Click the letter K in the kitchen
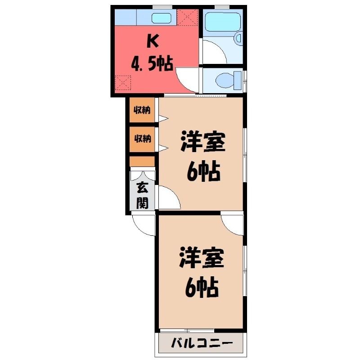click(x=153, y=41)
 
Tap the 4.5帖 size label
click(x=152, y=63)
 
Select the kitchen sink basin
click(x=162, y=18)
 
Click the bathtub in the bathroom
click(x=223, y=22)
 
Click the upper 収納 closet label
click(x=142, y=110)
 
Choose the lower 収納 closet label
click(x=142, y=139)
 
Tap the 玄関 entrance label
click(x=142, y=196)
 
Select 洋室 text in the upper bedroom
click(x=203, y=142)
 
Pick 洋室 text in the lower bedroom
click(x=202, y=257)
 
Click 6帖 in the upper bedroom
click(x=203, y=172)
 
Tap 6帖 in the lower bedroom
click(x=202, y=288)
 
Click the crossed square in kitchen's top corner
click(x=188, y=18)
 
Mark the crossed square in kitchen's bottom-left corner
click(x=123, y=83)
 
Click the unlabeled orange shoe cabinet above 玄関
click(x=142, y=162)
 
